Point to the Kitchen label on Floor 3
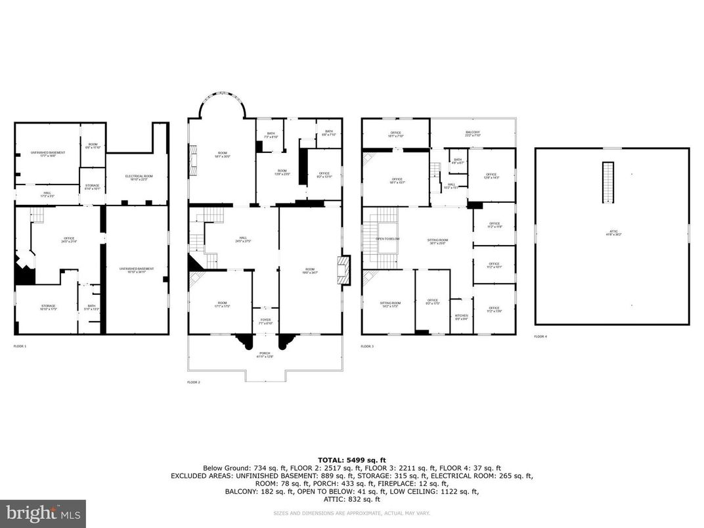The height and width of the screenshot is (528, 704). tap(462, 317)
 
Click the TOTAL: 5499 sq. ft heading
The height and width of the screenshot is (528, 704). tap(352, 460)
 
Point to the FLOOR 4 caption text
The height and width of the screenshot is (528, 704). tap(540, 336)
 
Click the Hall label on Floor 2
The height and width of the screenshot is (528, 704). tap(243, 239)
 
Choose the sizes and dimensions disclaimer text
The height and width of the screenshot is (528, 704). tap(352, 513)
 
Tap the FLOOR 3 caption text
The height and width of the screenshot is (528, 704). tap(369, 345)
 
